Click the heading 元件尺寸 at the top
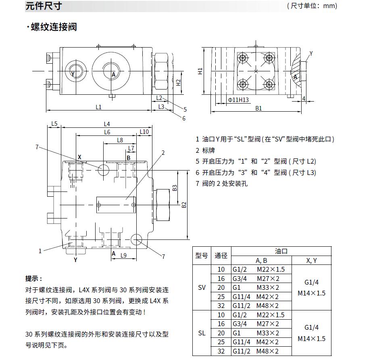pos(44,6)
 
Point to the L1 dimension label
pos(98,107)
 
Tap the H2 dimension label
pos(178,82)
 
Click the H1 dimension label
pos(200,71)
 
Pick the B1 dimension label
pos(258,108)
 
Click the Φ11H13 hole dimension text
pos(238,100)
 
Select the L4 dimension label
pos(107,124)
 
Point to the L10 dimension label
pos(144,131)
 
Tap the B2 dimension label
pos(184,204)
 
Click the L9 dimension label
pos(123,255)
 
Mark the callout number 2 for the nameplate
pos(163,152)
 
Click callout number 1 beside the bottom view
pos(40,251)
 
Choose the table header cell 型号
pos(202,256)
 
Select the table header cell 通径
pos(221,256)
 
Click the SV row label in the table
pos(202,288)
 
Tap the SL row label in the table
pos(202,333)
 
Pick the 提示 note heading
pos(33,279)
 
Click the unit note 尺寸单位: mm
pos(312,6)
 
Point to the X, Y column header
pos(311,260)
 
